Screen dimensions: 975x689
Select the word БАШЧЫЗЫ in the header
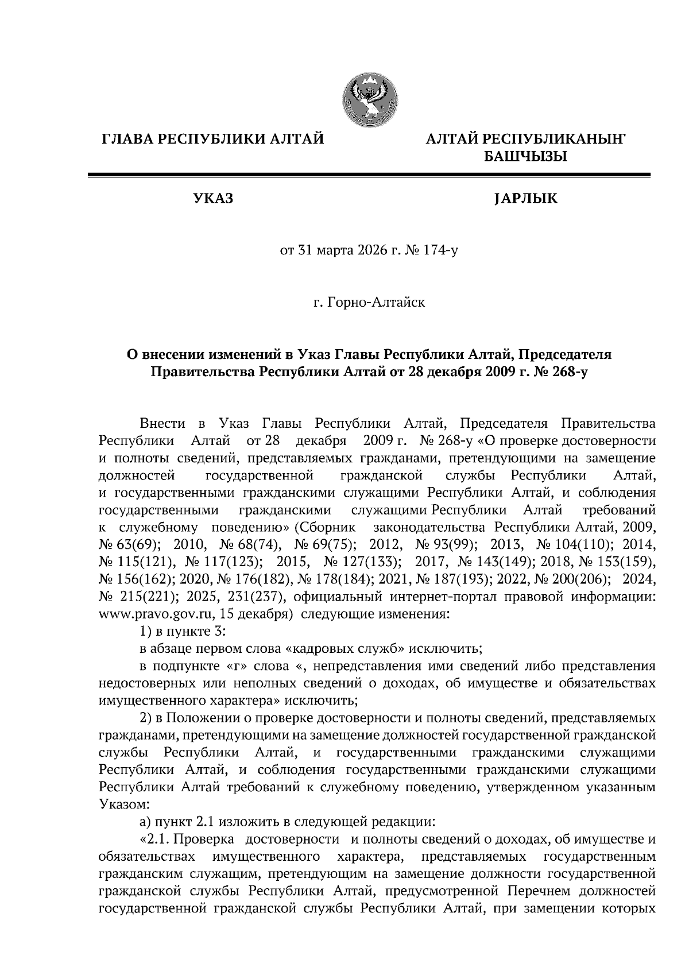tap(525, 156)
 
